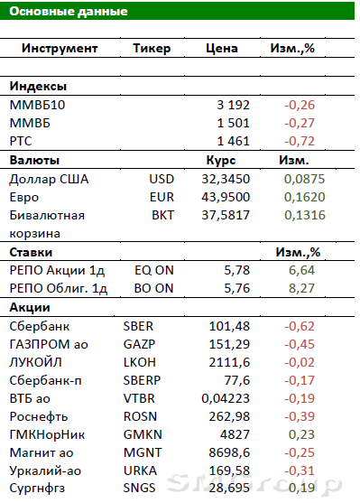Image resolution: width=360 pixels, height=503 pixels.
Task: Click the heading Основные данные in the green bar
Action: (x=69, y=11)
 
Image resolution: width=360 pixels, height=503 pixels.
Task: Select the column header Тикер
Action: (x=152, y=48)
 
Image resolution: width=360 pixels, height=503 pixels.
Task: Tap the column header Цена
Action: (x=222, y=48)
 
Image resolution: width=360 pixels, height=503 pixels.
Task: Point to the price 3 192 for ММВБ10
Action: (x=233, y=105)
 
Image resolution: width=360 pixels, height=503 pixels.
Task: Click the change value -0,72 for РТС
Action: (x=300, y=141)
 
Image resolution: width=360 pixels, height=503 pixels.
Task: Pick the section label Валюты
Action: (x=34, y=160)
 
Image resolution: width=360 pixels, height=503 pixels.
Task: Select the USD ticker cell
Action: (x=162, y=179)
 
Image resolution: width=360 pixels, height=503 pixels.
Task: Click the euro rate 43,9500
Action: (x=226, y=197)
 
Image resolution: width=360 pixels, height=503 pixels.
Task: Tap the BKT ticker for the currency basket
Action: (x=162, y=215)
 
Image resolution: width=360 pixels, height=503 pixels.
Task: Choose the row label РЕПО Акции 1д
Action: (x=57, y=270)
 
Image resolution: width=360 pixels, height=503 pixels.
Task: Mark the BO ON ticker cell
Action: (x=154, y=288)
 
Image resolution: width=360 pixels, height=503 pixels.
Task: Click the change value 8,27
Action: (x=301, y=288)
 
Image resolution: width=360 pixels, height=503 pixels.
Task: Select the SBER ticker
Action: (x=138, y=326)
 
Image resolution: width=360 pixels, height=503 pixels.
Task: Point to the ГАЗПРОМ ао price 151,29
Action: (x=229, y=344)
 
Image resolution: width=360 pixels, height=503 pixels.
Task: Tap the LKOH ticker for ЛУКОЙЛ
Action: (x=140, y=362)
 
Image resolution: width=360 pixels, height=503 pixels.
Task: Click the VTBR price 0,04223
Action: (x=226, y=398)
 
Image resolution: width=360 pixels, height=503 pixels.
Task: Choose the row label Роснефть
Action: (x=39, y=416)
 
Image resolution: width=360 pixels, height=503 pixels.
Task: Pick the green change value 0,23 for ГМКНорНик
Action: (x=301, y=434)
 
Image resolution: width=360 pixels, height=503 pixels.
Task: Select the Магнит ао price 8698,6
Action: (x=229, y=452)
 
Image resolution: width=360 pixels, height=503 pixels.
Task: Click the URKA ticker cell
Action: (x=140, y=470)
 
